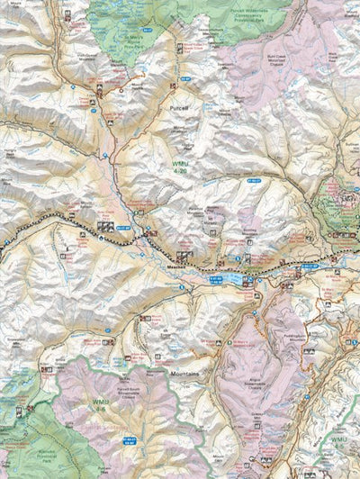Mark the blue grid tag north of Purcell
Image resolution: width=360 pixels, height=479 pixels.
tap(185, 79)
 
